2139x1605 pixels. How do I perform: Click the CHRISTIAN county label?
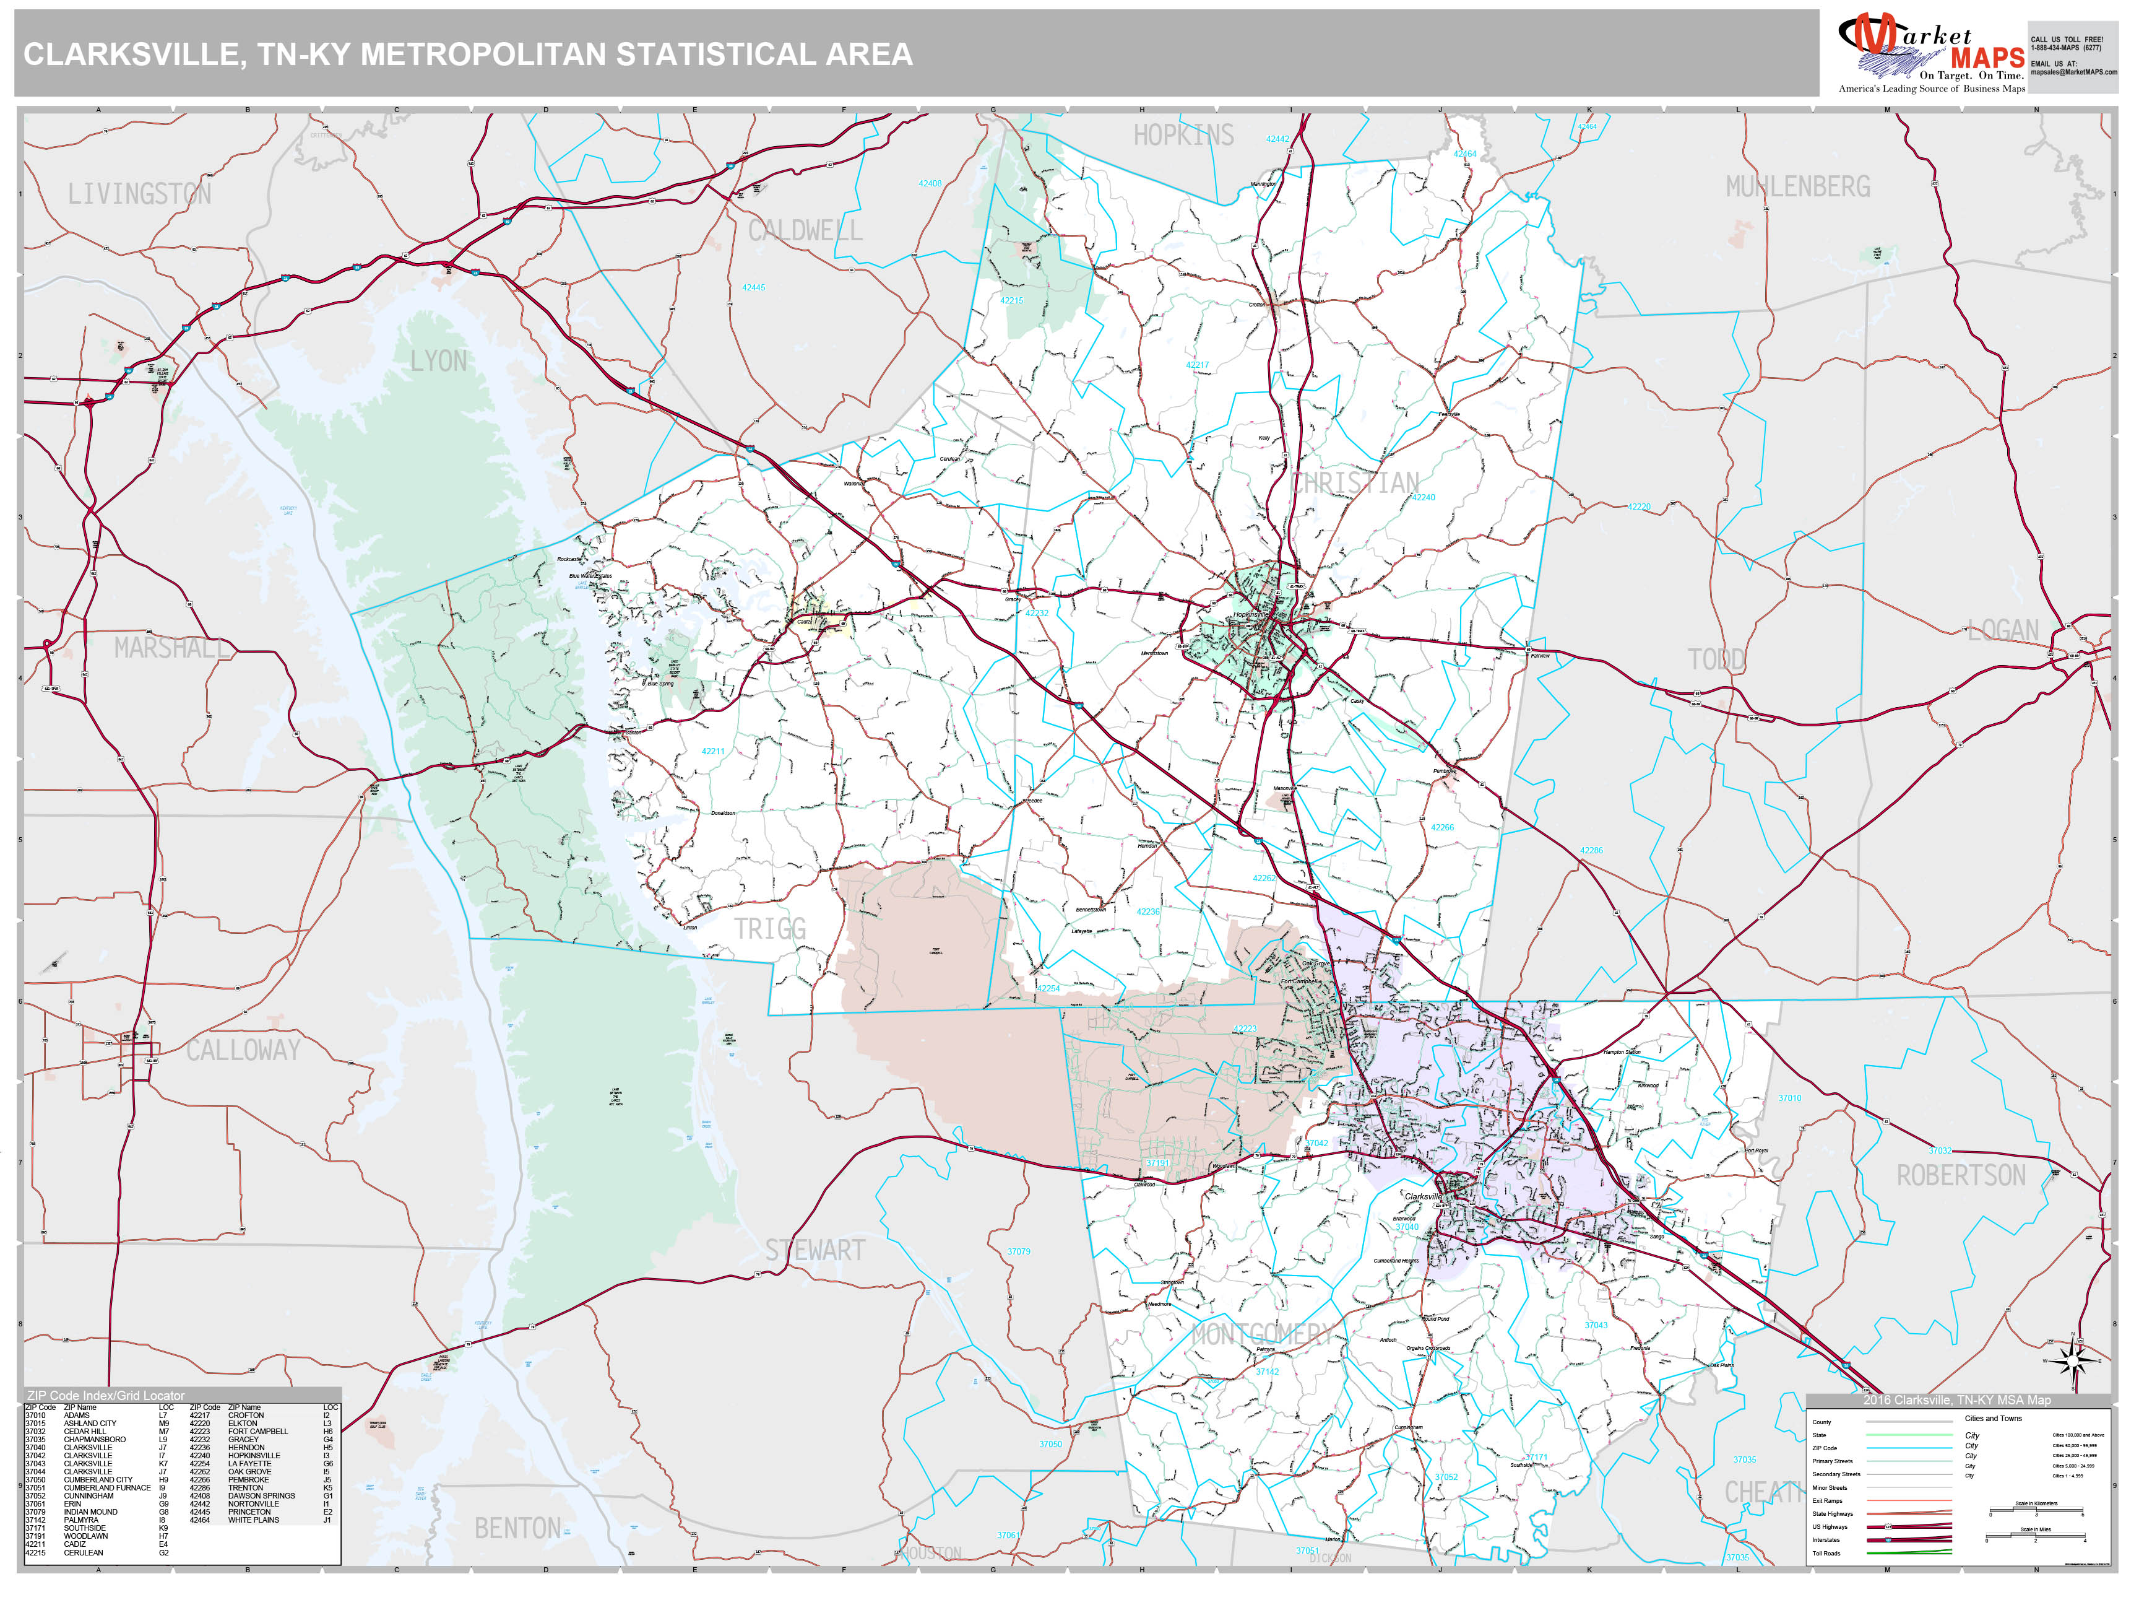[x=1355, y=483]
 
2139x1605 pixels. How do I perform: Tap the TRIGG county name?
[x=770, y=929]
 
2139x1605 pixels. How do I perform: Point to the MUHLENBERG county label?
[x=1797, y=187]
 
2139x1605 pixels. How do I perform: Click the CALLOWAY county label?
[x=243, y=1050]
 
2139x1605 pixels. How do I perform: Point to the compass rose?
[x=2073, y=1360]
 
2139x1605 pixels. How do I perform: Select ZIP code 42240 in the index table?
[x=200, y=1456]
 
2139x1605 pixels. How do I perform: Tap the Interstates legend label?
[x=1826, y=1540]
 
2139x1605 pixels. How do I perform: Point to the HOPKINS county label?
[x=1183, y=136]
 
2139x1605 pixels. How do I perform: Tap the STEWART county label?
[x=815, y=1250]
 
